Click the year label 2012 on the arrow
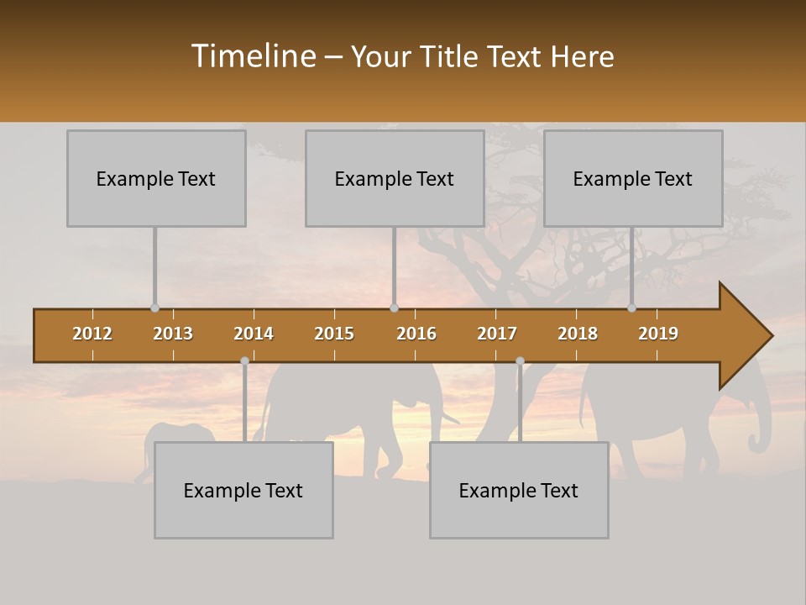tap(92, 334)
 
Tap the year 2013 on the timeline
tap(173, 334)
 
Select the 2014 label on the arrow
tap(254, 334)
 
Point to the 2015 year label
tap(334, 334)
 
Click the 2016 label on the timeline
tap(416, 334)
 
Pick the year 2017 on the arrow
tap(497, 334)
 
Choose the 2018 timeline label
tap(578, 334)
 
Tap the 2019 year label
tap(658, 334)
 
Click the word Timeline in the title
tap(253, 56)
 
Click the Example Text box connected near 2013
tap(156, 178)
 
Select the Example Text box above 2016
tap(395, 178)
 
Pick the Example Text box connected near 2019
tap(633, 178)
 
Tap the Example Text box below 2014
tap(243, 490)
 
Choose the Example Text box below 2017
tap(519, 490)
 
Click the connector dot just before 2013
tap(154, 308)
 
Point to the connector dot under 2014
tap(244, 360)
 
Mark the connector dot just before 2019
tap(631, 308)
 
